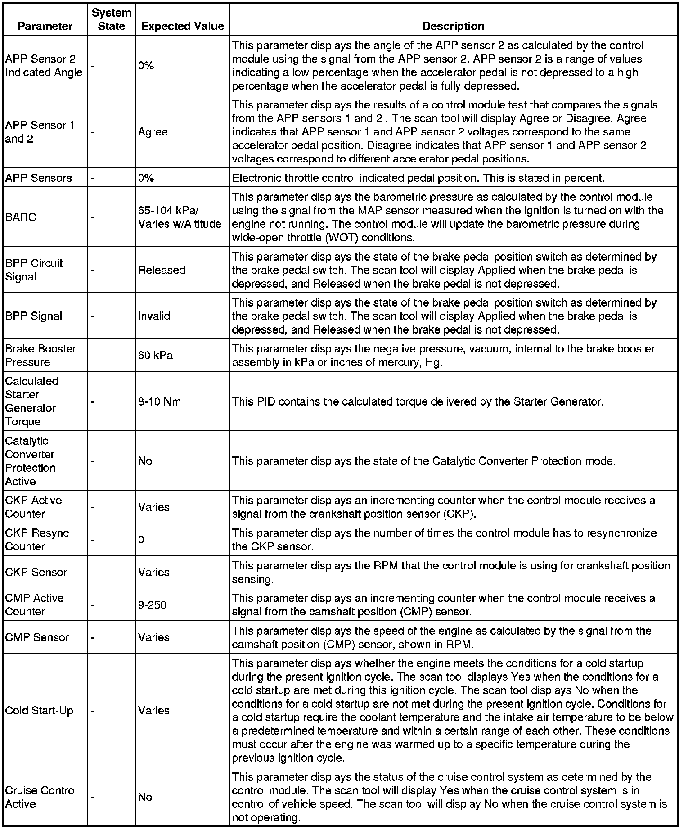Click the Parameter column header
coord(45,26)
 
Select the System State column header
coord(111,19)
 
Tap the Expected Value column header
coord(182,26)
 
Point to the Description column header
coord(453,26)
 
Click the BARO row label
coord(21,217)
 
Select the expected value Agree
coord(153,132)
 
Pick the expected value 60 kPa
coord(155,355)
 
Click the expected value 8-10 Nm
coord(159,401)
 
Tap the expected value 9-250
coord(152,604)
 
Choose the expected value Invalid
coord(154,316)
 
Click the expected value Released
coord(162,270)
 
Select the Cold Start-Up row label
coord(39,710)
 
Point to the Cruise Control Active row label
coord(41,797)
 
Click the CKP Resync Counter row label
coord(37,539)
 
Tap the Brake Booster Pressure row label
coord(40,355)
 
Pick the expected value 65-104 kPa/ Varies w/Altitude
coord(180,217)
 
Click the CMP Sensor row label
coord(37,637)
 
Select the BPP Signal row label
coord(34,316)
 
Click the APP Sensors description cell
coord(418,178)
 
